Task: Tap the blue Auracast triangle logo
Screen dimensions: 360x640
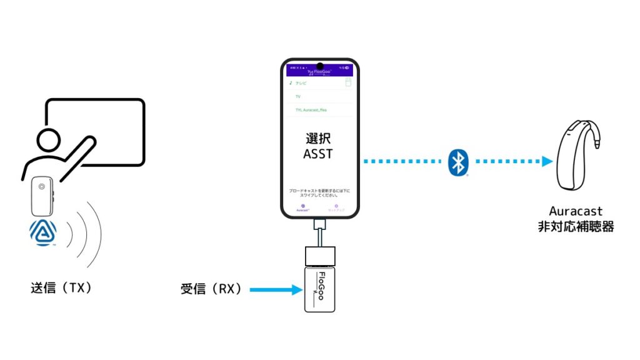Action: [x=43, y=232]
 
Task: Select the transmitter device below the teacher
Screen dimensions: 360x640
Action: [x=42, y=196]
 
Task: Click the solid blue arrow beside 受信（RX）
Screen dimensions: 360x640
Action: [x=275, y=289]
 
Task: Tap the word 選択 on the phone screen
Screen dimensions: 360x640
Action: [x=320, y=138]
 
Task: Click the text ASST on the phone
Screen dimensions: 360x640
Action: [x=320, y=154]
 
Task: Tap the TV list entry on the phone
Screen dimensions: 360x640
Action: [x=298, y=97]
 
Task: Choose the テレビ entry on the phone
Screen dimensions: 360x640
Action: [x=301, y=82]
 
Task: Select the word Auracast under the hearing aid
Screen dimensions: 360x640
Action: [x=576, y=212]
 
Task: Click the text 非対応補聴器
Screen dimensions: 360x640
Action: [x=576, y=227]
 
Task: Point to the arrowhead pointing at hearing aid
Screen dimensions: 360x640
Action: [x=547, y=162]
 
